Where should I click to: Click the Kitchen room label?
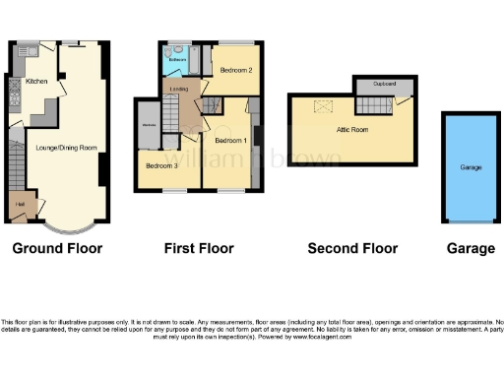36,82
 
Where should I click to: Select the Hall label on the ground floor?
20,205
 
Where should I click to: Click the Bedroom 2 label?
236,71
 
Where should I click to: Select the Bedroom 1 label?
230,141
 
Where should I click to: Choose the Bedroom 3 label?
162,165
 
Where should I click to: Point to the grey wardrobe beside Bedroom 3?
150,125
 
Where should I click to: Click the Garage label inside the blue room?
471,167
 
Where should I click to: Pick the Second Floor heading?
352,248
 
